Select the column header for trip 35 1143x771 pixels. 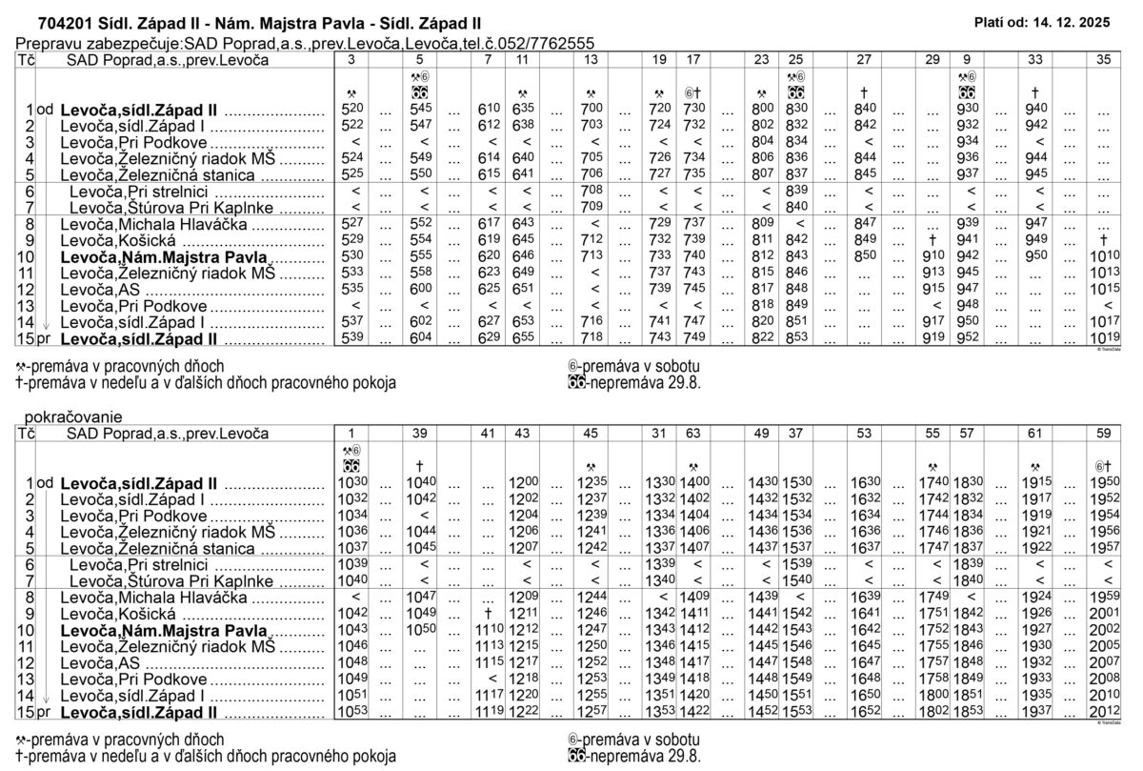[x=1104, y=59]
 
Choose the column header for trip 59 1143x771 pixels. [x=1104, y=434]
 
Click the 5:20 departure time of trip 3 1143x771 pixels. [x=352, y=110]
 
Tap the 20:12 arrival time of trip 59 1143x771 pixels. [x=1104, y=712]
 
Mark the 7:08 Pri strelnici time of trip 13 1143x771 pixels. [x=592, y=192]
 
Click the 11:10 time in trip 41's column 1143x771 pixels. [x=488, y=630]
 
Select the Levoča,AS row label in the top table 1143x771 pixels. [x=100, y=289]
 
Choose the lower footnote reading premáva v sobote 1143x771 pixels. [x=633, y=740]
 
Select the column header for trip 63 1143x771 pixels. [x=693, y=434]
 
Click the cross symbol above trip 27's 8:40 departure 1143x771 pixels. [x=863, y=94]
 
